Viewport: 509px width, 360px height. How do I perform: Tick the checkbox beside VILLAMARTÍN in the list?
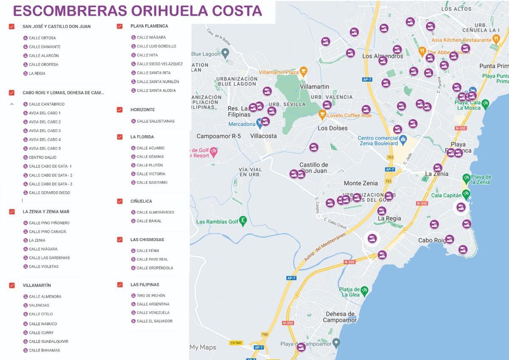[x=12, y=285]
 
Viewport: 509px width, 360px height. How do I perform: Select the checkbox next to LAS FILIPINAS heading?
[x=120, y=284]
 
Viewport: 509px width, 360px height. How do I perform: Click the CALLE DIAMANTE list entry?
[x=45, y=47]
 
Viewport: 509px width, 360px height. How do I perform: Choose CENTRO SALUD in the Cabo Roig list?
[x=42, y=157]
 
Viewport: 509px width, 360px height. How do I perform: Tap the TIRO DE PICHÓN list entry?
[x=151, y=295]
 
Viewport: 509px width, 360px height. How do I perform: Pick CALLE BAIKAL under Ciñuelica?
[x=149, y=221]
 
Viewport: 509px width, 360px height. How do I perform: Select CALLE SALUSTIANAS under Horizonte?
[x=155, y=121]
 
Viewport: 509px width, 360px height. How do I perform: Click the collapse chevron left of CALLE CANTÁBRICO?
[x=12, y=104]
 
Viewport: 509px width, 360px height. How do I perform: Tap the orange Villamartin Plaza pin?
[x=303, y=71]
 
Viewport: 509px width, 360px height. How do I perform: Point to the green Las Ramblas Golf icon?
[x=243, y=220]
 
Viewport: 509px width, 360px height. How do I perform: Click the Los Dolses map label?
[x=333, y=128]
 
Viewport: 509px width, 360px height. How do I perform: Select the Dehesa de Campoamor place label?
[x=340, y=317]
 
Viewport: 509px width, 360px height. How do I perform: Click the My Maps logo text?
[x=203, y=347]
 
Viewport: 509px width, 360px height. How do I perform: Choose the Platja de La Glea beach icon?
[x=364, y=290]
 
